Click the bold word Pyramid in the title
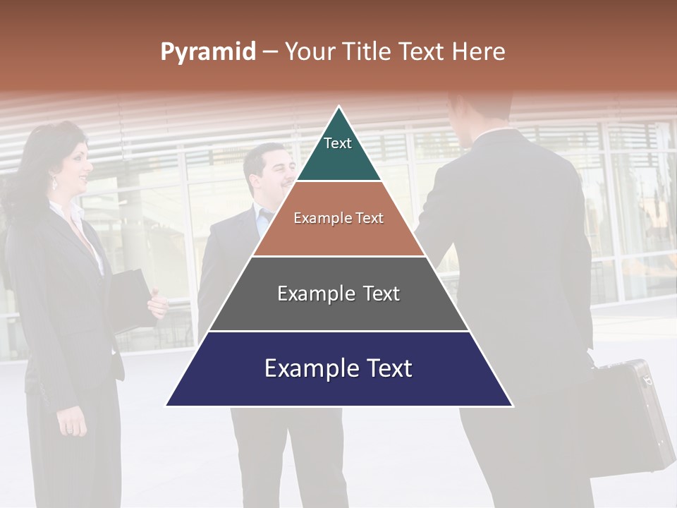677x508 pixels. click(208, 52)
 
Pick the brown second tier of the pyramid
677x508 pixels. click(338, 236)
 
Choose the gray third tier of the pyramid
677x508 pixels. click(338, 310)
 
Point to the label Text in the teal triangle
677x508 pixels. click(338, 143)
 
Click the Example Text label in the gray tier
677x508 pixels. click(338, 294)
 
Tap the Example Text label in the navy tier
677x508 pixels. click(338, 368)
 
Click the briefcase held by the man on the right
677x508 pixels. click(628, 416)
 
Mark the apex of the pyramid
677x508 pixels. click(339, 107)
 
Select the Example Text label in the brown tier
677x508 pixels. click(338, 218)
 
